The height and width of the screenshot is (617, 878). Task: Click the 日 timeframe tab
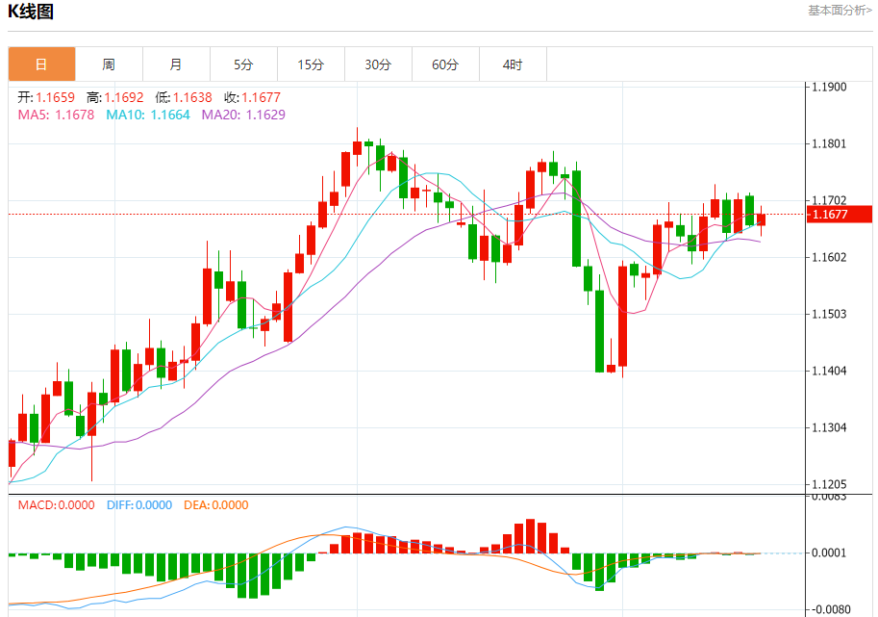click(x=41, y=64)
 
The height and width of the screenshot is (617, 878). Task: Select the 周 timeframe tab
click(x=109, y=64)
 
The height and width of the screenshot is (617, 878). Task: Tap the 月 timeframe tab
click(x=176, y=64)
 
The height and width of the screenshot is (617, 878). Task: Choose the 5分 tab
click(x=243, y=64)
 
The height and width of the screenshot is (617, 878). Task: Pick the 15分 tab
click(x=311, y=64)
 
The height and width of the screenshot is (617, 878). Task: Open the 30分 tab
click(x=378, y=64)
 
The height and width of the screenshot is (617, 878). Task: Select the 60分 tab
click(x=445, y=64)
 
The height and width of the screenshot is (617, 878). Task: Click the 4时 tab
click(x=513, y=64)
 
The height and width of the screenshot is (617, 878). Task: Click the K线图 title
click(x=31, y=13)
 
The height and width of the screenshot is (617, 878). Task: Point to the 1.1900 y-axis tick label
click(x=829, y=87)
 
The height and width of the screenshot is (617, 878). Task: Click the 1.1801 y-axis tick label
click(x=829, y=144)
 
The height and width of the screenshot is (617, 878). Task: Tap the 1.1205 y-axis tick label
click(x=829, y=485)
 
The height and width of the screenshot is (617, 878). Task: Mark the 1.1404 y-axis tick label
click(x=829, y=371)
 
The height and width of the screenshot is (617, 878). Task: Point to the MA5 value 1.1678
click(x=74, y=115)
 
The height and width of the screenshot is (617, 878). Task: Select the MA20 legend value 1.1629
click(x=265, y=115)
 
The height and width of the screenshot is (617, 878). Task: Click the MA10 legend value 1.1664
click(x=169, y=115)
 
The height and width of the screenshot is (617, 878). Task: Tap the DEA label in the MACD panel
click(x=194, y=505)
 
